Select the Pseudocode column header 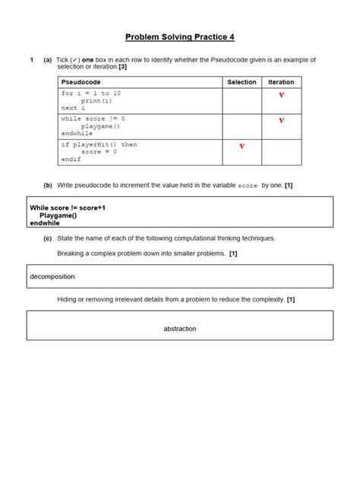(81, 82)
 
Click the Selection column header (242, 82)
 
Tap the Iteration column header (281, 82)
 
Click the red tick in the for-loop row (281, 96)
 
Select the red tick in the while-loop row (281, 121)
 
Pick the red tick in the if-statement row (242, 147)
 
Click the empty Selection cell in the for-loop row (242, 100)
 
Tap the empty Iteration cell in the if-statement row (281, 151)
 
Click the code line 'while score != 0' (93, 118)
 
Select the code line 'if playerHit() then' (99, 144)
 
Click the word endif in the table (71, 159)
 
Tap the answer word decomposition (52, 276)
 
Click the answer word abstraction (180, 328)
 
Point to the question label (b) (48, 185)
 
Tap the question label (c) (48, 238)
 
